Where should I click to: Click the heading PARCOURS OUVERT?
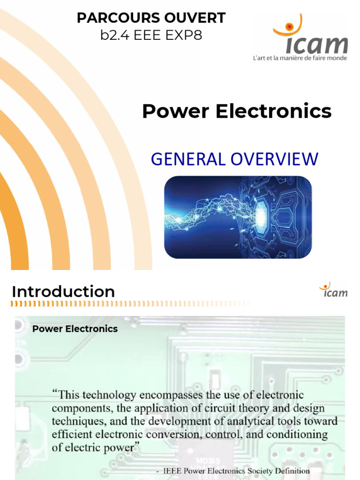pos(151,18)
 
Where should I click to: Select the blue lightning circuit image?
pos(238,217)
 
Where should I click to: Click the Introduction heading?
pos(63,292)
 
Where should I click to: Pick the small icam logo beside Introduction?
pos(333,290)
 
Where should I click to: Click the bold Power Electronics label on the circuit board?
pos(75,329)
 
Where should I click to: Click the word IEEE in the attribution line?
pos(170,471)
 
